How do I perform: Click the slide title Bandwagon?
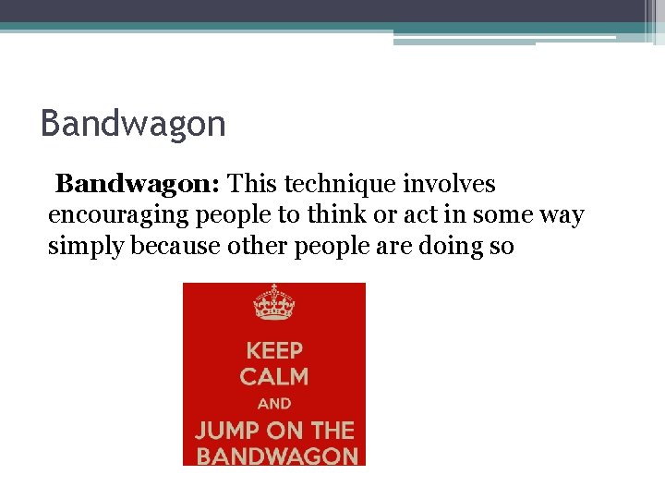pyautogui.click(x=133, y=124)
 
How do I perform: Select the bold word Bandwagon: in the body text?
pyautogui.click(x=138, y=185)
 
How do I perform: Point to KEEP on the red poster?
pyautogui.click(x=274, y=351)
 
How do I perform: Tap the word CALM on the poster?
pyautogui.click(x=274, y=377)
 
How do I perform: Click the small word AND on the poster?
pyautogui.click(x=274, y=404)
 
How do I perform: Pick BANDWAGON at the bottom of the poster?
pyautogui.click(x=277, y=456)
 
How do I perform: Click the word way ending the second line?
pyautogui.click(x=562, y=216)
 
